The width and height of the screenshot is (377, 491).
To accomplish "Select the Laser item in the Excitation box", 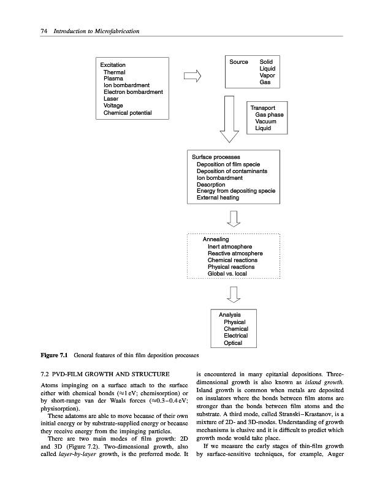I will pyautogui.click(x=111, y=99).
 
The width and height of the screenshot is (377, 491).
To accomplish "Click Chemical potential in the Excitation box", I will pyautogui.click(x=128, y=113).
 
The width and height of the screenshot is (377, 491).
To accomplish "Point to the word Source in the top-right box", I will pyautogui.click(x=238, y=62).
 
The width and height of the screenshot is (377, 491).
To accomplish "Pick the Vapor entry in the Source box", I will pyautogui.click(x=267, y=75).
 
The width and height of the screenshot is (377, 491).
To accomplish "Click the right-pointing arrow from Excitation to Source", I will pyautogui.click(x=192, y=76).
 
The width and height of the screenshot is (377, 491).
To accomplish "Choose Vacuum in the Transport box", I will pyautogui.click(x=267, y=122).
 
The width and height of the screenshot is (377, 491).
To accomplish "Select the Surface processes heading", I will pyautogui.click(x=216, y=157).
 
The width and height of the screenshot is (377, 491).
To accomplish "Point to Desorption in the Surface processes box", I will pyautogui.click(x=211, y=184).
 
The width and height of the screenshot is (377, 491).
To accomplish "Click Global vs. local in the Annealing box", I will pyautogui.click(x=230, y=274).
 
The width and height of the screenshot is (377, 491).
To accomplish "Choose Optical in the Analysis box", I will pyautogui.click(x=233, y=342).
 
